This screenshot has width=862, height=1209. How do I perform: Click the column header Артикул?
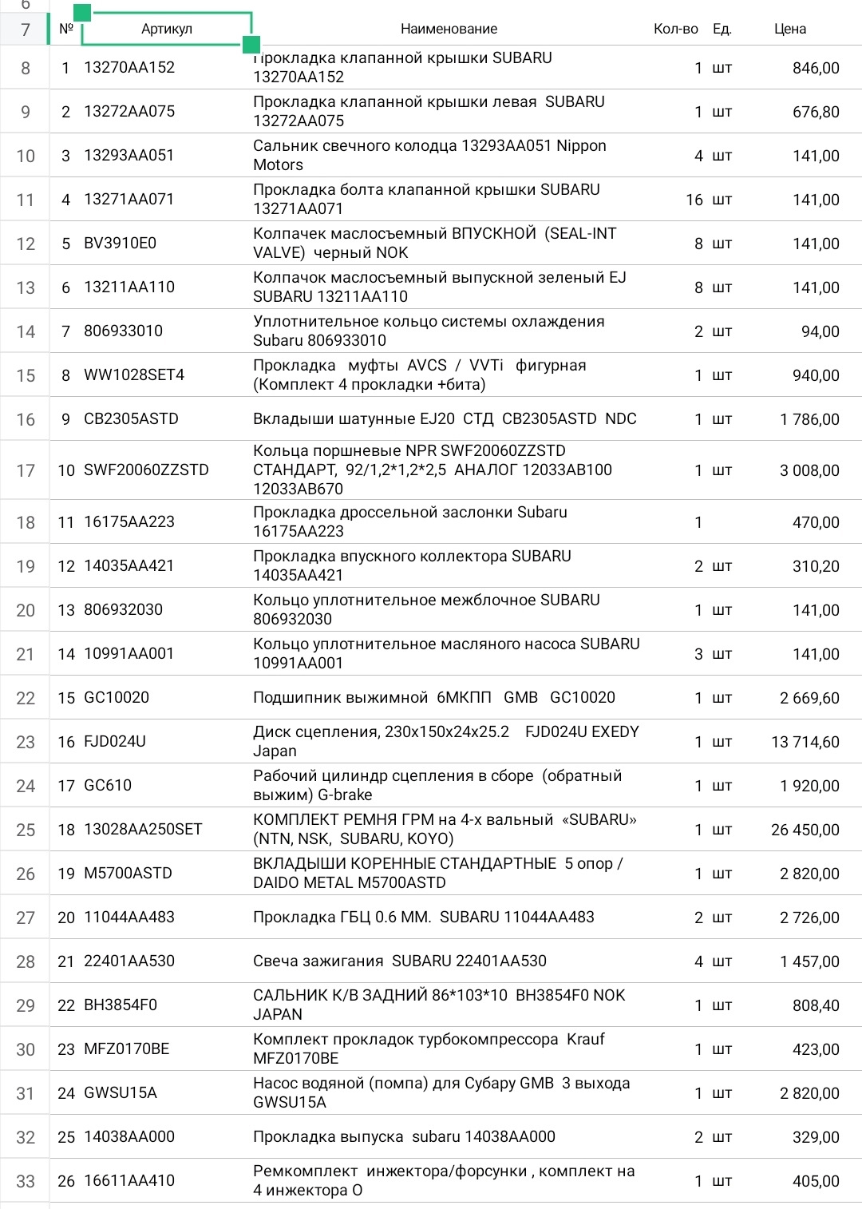click(x=166, y=29)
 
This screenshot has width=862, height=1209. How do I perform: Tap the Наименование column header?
click(x=449, y=29)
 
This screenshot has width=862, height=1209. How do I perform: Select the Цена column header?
click(x=789, y=29)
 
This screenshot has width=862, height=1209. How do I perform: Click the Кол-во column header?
click(x=675, y=29)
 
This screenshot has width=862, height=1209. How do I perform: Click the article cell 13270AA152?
click(x=129, y=68)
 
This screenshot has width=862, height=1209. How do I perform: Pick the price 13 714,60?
click(x=805, y=742)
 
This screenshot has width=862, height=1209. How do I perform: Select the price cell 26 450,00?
click(x=805, y=830)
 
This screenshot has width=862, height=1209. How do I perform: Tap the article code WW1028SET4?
click(x=134, y=375)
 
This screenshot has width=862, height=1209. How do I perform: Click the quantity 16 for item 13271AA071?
click(x=694, y=200)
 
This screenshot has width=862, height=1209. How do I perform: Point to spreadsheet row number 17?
click(x=26, y=470)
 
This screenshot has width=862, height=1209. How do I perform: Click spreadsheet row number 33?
click(x=26, y=1181)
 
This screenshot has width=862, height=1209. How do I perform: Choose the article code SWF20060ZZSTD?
click(x=146, y=470)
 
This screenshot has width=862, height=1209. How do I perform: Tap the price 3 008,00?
click(x=809, y=470)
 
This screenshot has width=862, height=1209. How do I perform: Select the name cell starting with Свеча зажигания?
click(x=400, y=961)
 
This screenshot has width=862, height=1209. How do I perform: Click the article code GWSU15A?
click(x=121, y=1093)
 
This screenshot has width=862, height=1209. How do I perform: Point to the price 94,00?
click(x=820, y=331)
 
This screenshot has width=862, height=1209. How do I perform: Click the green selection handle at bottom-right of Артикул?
click(x=251, y=44)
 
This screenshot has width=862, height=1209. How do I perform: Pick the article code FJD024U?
click(x=115, y=742)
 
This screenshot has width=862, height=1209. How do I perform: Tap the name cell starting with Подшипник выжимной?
click(x=434, y=698)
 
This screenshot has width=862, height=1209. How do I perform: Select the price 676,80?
click(x=816, y=112)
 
